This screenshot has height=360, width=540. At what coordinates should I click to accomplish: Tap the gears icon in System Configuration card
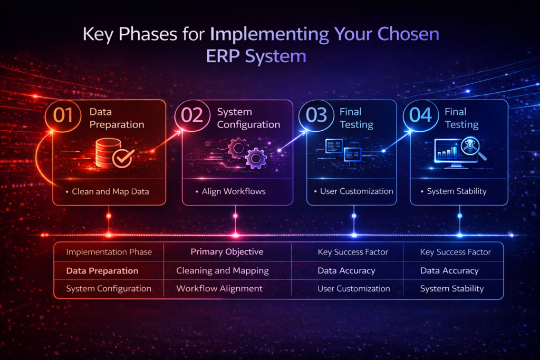pos(247,152)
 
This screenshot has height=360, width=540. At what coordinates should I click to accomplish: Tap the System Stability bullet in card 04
pos(457,191)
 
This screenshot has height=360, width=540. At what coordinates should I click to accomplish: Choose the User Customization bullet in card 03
pos(356,191)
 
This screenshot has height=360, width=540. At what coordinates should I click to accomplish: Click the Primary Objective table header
pos(227,252)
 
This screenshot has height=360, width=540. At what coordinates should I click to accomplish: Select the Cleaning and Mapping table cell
pos(223,270)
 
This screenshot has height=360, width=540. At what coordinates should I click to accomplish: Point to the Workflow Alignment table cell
pos(219,289)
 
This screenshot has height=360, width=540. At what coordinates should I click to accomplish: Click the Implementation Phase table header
pos(109,252)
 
